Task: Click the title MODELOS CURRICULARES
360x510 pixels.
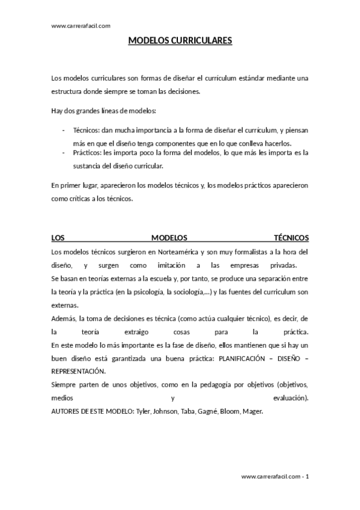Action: pyautogui.click(x=180, y=41)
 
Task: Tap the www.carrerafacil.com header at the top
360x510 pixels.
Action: pyautogui.click(x=81, y=25)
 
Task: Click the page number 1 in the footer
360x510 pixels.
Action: pyautogui.click(x=307, y=476)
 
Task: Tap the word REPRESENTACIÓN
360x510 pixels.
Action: pyautogui.click(x=79, y=371)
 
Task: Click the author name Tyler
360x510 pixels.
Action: pyautogui.click(x=142, y=411)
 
